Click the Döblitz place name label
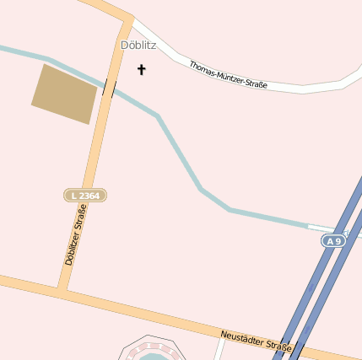[138, 46]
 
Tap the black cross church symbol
[141, 69]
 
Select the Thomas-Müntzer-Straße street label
[228, 76]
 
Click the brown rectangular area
[63, 94]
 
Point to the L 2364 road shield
[85, 196]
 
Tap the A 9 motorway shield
[334, 241]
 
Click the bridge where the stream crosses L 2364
[109, 87]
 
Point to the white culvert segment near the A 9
[325, 228]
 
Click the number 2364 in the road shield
[89, 196]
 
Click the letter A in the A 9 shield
[330, 241]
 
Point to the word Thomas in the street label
[201, 67]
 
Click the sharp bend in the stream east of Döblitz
[156, 116]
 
